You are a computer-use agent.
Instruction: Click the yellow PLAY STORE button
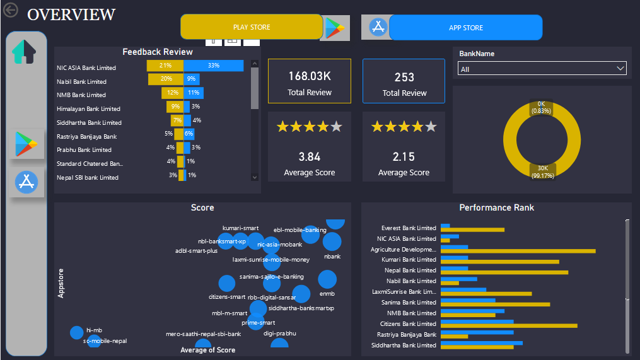pyautogui.click(x=252, y=27)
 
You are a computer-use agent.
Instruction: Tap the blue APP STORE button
pyautogui.click(x=465, y=28)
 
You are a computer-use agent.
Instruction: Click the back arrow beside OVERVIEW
pyautogui.click(x=11, y=11)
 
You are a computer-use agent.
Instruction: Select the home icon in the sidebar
pyautogui.click(x=24, y=52)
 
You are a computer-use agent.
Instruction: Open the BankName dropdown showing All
pyautogui.click(x=542, y=69)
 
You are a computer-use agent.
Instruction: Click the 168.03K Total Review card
pyautogui.click(x=310, y=81)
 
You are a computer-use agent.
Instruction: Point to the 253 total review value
pyautogui.click(x=404, y=77)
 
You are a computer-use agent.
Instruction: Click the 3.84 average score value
pyautogui.click(x=309, y=156)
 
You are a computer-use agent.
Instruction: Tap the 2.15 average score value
pyautogui.click(x=404, y=156)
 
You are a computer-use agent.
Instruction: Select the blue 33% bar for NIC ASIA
pyautogui.click(x=214, y=66)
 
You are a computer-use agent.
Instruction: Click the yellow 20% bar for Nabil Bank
pyautogui.click(x=166, y=79)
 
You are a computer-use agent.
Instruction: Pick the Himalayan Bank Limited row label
pyautogui.click(x=88, y=109)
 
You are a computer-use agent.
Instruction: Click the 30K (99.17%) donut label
pyautogui.click(x=542, y=171)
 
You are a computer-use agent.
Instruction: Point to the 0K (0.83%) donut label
pyautogui.click(x=542, y=107)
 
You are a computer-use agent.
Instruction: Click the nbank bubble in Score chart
pyautogui.click(x=332, y=242)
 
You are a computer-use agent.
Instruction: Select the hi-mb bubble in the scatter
pyautogui.click(x=76, y=332)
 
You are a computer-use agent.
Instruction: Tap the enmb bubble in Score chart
pyautogui.click(x=327, y=279)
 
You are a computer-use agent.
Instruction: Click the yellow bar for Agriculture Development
pyautogui.click(x=518, y=251)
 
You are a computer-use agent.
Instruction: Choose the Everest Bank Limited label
pyautogui.click(x=409, y=228)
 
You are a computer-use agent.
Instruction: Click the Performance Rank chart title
pyautogui.click(x=496, y=207)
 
